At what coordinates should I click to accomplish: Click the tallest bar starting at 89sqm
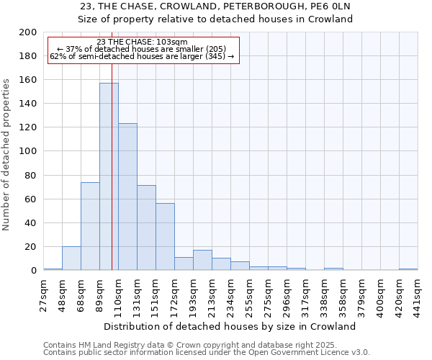tap(109, 176)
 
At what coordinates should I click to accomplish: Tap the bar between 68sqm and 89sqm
tap(90, 226)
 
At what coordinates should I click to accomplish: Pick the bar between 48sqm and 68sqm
tap(71, 258)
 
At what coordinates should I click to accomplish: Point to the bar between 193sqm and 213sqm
tap(202, 260)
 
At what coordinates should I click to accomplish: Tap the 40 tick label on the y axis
tap(30, 223)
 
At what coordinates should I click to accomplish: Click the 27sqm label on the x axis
tap(43, 295)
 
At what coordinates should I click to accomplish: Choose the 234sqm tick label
tap(230, 295)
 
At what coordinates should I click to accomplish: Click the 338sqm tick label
tap(324, 295)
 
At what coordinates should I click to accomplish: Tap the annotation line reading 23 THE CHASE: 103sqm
tap(142, 42)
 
